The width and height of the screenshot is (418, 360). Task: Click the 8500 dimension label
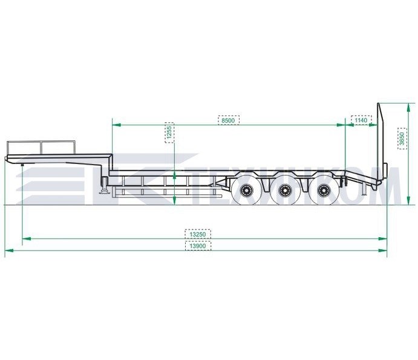tap(229, 120)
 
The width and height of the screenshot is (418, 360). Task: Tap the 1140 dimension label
tap(361, 120)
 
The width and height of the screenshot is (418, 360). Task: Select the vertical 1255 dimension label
tap(169, 133)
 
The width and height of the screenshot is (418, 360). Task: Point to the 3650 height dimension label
tap(402, 139)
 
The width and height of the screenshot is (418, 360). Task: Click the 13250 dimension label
tap(198, 234)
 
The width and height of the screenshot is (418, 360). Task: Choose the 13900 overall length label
tap(198, 246)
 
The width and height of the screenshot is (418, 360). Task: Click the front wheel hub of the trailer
tap(246, 191)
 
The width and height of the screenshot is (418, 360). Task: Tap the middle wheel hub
tap(284, 191)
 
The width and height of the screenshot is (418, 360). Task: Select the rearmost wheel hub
tap(324, 191)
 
